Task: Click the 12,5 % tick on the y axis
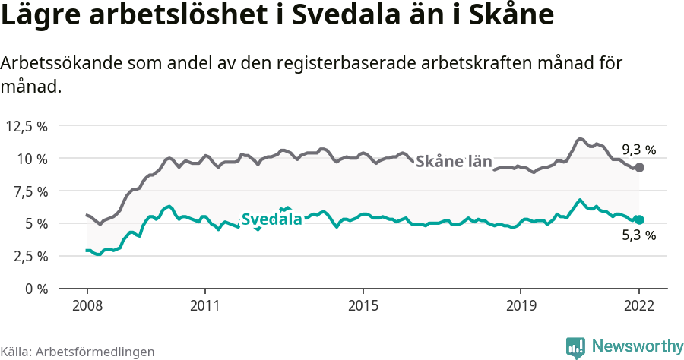(x=27, y=126)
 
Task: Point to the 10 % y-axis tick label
(x=33, y=159)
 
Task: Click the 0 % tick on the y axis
(x=36, y=289)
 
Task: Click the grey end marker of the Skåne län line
(x=639, y=167)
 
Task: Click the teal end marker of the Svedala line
(x=639, y=219)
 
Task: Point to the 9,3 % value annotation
(x=638, y=150)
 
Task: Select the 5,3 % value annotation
(x=638, y=236)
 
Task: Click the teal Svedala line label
(x=271, y=219)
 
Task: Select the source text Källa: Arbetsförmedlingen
(x=78, y=352)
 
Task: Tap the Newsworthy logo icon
(x=575, y=347)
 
